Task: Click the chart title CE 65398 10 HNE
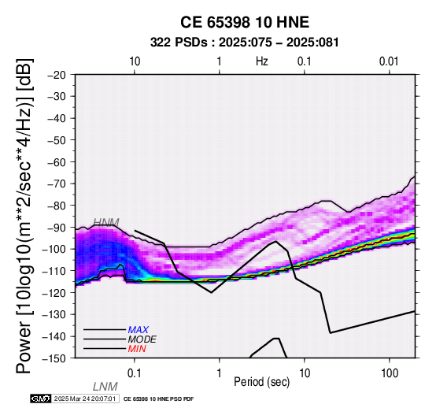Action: (245, 22)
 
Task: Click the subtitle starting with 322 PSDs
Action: (245, 43)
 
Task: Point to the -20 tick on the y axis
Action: (57, 75)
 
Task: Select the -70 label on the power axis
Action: (57, 184)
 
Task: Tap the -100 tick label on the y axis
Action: (54, 249)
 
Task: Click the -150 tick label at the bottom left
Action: (54, 358)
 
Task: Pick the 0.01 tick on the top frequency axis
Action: (389, 61)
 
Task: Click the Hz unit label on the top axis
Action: (262, 61)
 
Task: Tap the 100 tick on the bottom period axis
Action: (390, 373)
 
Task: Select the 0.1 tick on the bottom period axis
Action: (135, 373)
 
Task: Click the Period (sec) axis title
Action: (261, 382)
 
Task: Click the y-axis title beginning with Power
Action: (24, 216)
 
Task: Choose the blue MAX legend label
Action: (139, 330)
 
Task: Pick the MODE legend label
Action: (142, 339)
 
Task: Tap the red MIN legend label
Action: (137, 349)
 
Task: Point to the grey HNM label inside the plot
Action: (106, 222)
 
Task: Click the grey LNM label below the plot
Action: (105, 387)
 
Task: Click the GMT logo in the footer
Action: (41, 399)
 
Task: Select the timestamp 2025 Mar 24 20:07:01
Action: (85, 399)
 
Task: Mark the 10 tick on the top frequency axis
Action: (135, 61)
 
